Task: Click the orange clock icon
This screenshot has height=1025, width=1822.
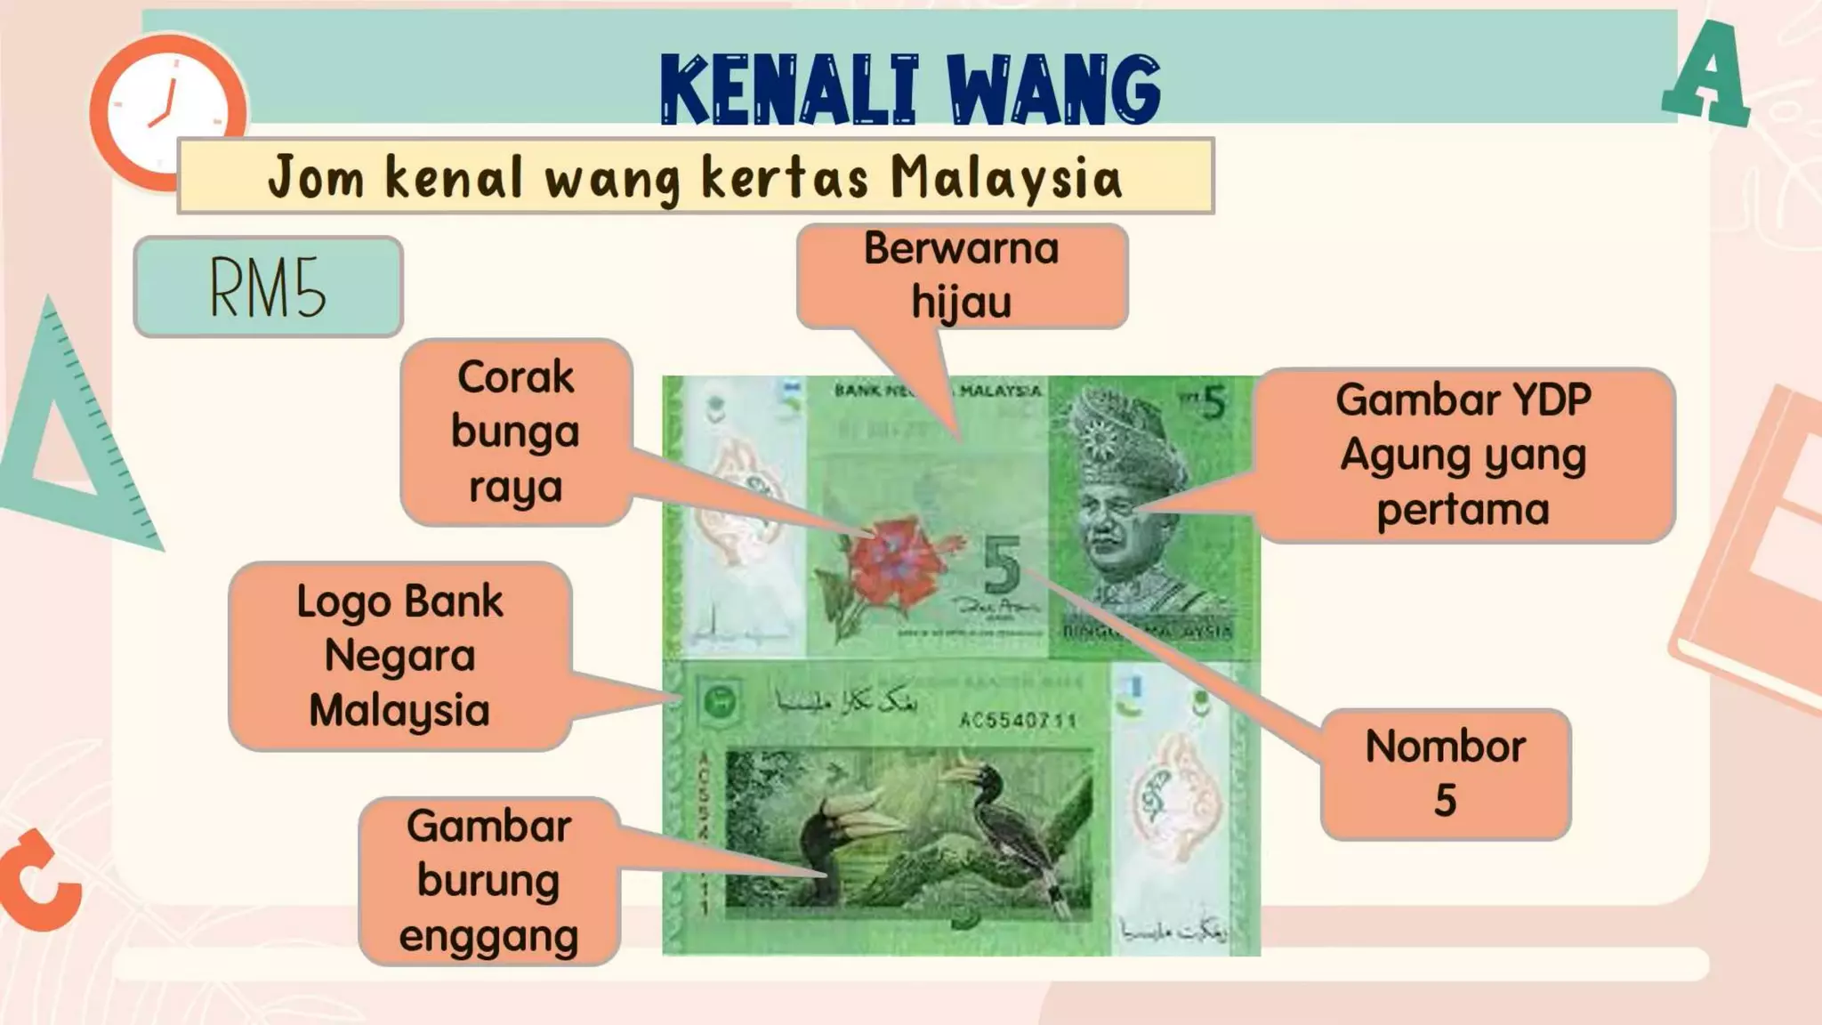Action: (167, 112)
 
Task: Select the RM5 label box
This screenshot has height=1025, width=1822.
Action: (268, 287)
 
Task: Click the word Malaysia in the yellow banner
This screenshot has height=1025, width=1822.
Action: (1006, 177)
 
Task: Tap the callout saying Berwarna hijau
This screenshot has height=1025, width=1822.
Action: (962, 276)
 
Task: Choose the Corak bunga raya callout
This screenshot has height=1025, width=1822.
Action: (516, 432)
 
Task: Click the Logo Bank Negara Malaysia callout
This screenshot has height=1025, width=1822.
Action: (399, 656)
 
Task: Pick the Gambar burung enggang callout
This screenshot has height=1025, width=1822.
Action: (488, 881)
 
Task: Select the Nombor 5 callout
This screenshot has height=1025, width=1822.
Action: (1446, 773)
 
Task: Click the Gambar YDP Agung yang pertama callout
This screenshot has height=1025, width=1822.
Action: (1463, 455)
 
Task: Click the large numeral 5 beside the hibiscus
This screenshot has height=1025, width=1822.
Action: (1003, 566)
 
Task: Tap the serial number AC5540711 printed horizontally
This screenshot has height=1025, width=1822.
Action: (1018, 719)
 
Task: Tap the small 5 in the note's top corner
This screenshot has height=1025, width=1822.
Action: (1213, 403)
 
